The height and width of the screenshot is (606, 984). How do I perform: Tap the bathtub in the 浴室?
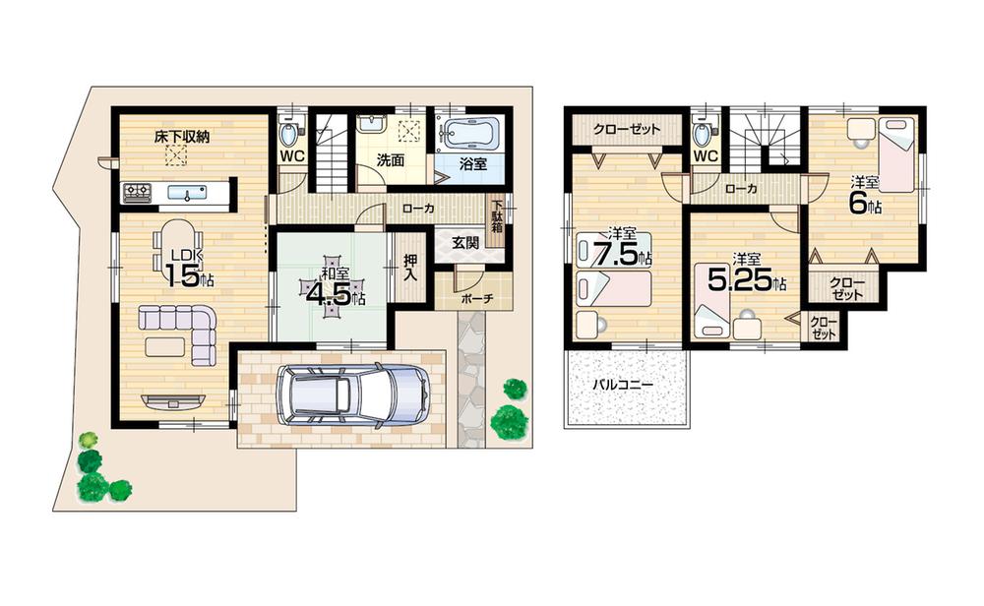point(470,132)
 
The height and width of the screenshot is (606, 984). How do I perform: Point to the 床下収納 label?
point(181,137)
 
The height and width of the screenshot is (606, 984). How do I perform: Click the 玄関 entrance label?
point(465,242)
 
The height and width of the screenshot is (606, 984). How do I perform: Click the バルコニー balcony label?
point(622,386)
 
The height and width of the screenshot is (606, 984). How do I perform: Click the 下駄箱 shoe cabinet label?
point(498,217)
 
